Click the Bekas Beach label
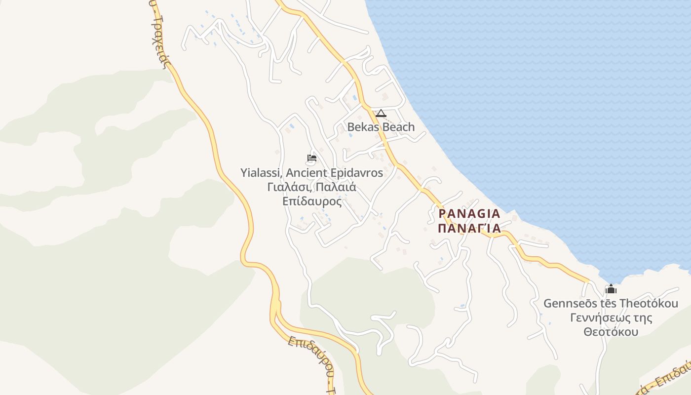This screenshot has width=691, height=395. point(381,127)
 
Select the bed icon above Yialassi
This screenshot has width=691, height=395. point(311,158)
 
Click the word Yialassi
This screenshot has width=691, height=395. point(261,173)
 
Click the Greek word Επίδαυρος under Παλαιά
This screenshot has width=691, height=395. point(312,201)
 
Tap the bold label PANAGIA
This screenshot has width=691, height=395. point(469,214)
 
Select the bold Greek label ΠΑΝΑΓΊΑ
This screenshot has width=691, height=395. point(469,228)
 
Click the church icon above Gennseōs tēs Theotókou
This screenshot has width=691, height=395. point(611,289)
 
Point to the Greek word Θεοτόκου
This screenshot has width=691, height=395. point(611,332)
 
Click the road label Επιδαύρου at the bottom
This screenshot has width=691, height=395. point(309,358)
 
